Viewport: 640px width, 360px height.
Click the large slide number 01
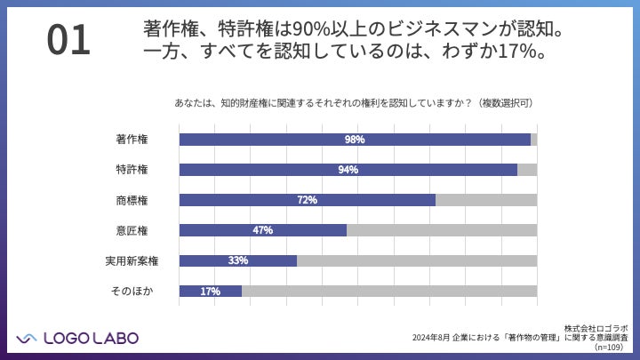point(68,41)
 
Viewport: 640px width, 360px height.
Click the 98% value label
point(355,140)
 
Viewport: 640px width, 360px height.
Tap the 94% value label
point(348,170)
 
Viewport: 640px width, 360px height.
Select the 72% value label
point(308,200)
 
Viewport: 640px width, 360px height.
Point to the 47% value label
point(262,230)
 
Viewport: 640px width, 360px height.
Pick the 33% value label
point(237,260)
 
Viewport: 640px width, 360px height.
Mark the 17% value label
point(210,291)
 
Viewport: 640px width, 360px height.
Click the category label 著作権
point(132,140)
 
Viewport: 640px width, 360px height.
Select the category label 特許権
point(132,170)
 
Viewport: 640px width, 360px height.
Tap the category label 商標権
point(132,200)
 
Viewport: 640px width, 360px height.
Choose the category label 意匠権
point(132,230)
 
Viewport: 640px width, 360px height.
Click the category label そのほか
point(129,291)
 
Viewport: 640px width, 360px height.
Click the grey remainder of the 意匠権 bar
point(442,230)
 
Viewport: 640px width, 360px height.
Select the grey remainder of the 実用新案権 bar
point(417,260)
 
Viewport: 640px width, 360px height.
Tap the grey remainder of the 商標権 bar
point(486,200)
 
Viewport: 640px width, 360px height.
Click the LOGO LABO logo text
point(90,337)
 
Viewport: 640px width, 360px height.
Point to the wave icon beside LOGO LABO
point(27,337)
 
